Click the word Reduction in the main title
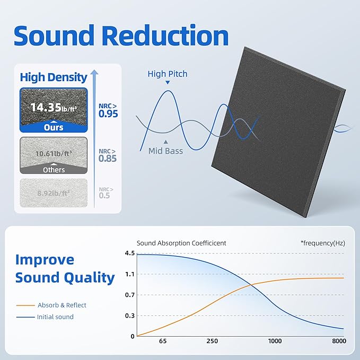pyautogui.click(x=166, y=36)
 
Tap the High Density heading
pyautogui.click(x=54, y=77)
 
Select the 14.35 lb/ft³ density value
pyautogui.click(x=54, y=107)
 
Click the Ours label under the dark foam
pyautogui.click(x=54, y=127)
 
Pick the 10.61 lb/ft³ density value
pyautogui.click(x=54, y=154)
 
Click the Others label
pyautogui.click(x=54, y=170)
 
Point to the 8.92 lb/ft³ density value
pyautogui.click(x=54, y=195)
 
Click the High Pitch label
pyautogui.click(x=168, y=74)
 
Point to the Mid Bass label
pyautogui.click(x=166, y=151)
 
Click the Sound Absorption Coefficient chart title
pyautogui.click(x=181, y=243)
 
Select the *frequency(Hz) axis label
pyautogui.click(x=322, y=243)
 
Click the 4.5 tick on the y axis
pyautogui.click(x=129, y=253)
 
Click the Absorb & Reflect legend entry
pyautogui.click(x=62, y=305)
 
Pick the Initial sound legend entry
pyautogui.click(x=55, y=317)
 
